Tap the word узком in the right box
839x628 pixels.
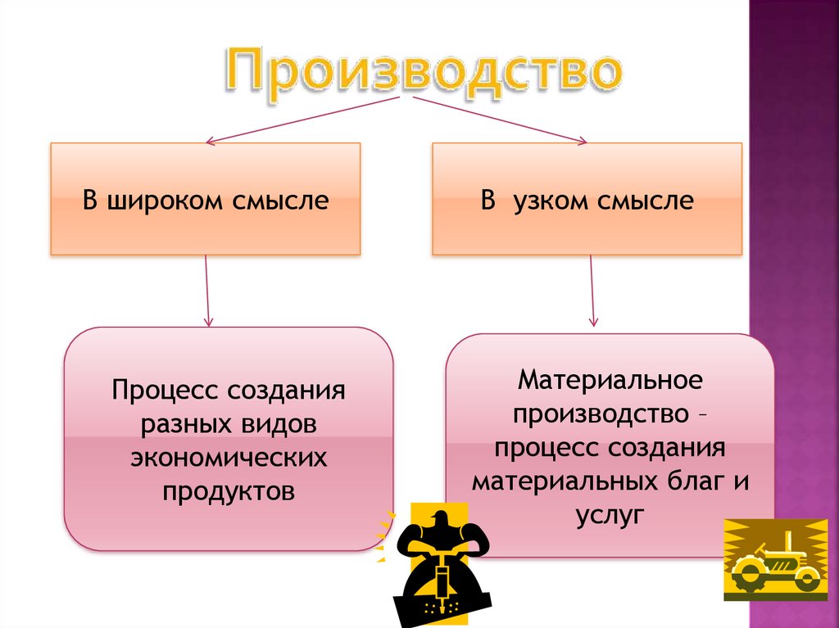point(549,201)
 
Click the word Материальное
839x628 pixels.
point(610,380)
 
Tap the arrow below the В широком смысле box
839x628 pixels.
point(208,290)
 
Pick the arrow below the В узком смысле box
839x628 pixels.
point(592,291)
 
